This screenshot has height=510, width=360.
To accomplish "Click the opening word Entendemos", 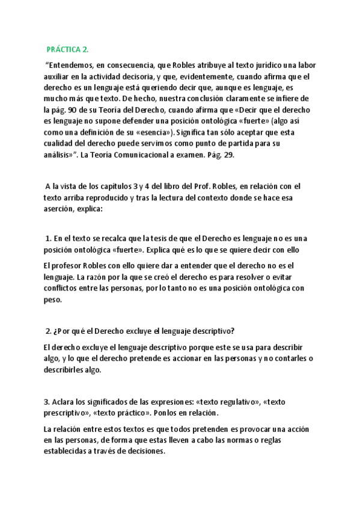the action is (71, 65).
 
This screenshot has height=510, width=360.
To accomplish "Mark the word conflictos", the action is (65, 288).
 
